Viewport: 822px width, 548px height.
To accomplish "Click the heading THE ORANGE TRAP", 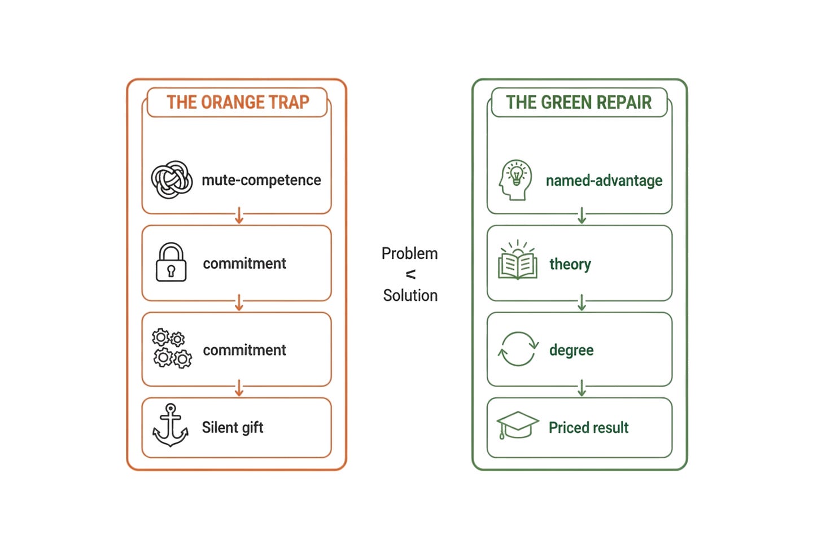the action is coord(238,102).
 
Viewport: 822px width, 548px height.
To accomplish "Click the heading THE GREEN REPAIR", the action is coord(579,102).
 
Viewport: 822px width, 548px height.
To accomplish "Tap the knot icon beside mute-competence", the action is coord(172,179).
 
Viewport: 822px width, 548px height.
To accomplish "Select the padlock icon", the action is coord(171,262).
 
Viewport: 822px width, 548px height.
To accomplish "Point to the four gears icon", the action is coord(172,348).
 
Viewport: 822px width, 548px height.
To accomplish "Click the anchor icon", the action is coord(170,425).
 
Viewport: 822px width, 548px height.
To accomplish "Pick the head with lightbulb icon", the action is coord(515,179).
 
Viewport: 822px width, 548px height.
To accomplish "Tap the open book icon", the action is coord(517,260).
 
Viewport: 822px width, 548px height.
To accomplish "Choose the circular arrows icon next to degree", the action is coord(518,349).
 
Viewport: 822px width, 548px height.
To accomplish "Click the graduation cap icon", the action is coord(517,425).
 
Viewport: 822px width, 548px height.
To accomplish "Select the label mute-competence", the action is coord(261,180).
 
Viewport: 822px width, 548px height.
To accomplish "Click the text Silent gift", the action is coord(233,428).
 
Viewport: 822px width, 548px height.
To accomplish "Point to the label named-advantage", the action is coord(604,181).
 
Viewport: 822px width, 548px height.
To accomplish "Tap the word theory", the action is coord(570,265).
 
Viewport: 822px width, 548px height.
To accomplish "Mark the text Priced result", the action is coord(589,428).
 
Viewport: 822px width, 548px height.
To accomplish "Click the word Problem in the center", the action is coord(409,254).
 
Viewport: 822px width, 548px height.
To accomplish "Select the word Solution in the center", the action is coord(410,295).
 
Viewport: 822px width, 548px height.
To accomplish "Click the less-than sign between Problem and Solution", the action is coord(410,274).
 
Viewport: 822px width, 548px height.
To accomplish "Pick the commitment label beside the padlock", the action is coord(244,264).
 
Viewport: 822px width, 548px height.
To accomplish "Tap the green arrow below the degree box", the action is coord(581,388).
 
